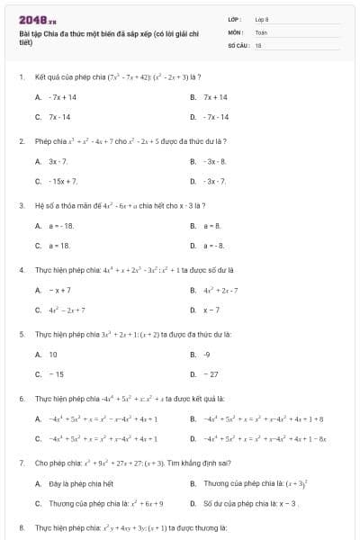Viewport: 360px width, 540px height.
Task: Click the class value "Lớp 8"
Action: [261, 18]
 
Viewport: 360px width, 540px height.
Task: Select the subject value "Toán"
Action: [261, 31]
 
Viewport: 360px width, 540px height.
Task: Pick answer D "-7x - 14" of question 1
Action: [216, 117]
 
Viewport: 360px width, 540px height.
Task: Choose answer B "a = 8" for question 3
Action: [212, 225]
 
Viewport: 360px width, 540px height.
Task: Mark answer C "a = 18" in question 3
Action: [58, 245]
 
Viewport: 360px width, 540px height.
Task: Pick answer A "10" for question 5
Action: [53, 354]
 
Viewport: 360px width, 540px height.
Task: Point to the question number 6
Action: [21, 398]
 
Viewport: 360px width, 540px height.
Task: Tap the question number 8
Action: [21, 526]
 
